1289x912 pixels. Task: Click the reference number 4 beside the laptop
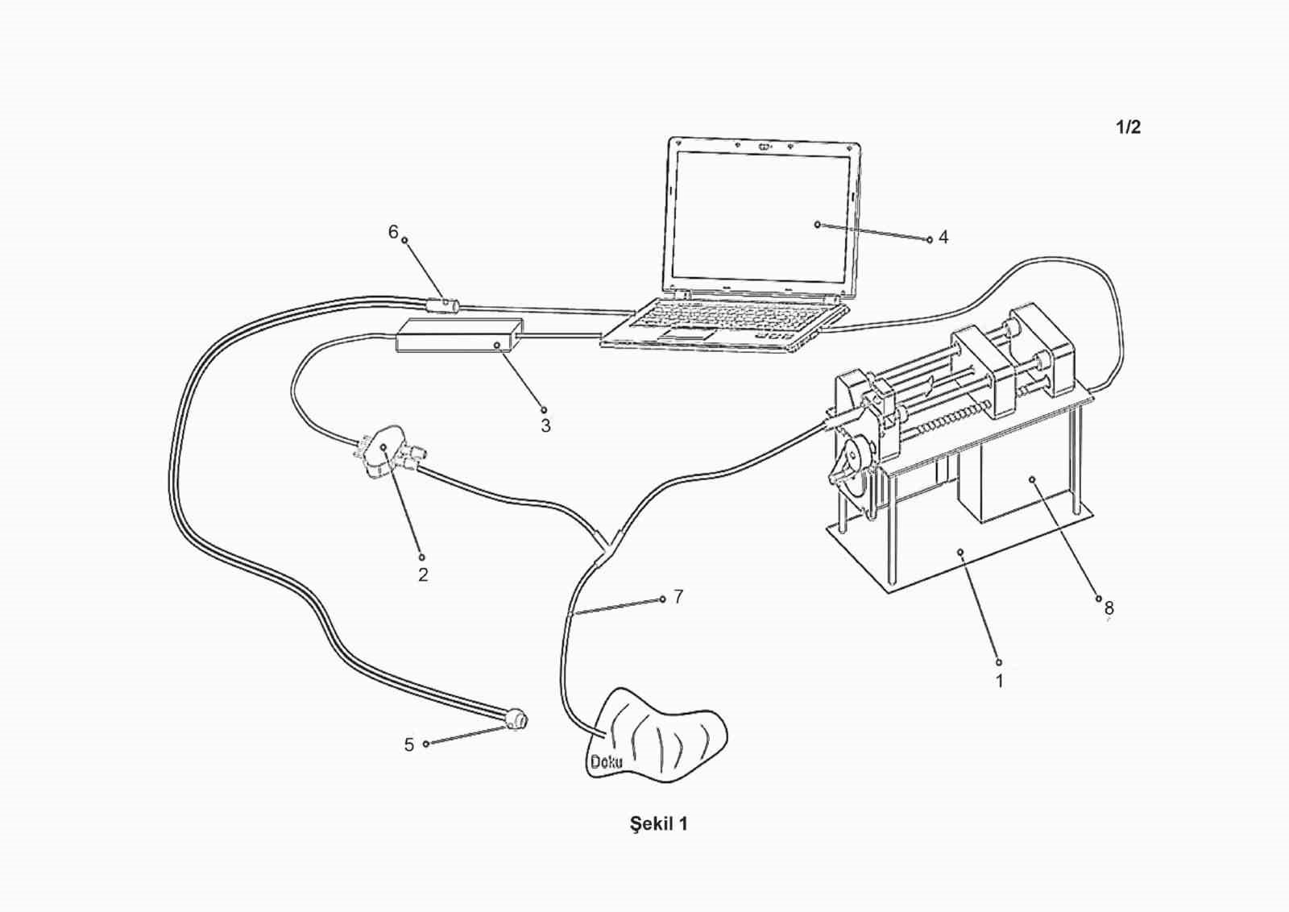tap(943, 238)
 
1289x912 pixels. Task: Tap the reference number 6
tap(393, 232)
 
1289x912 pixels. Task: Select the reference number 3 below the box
tap(545, 425)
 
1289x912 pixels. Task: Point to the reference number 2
tap(422, 574)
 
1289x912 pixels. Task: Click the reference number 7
tap(678, 597)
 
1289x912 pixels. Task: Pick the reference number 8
tap(1109, 608)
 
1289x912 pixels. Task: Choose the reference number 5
tap(409, 745)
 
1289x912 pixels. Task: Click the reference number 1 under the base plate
tap(999, 682)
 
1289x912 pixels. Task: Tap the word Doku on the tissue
tap(606, 761)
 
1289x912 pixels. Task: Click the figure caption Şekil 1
tap(658, 824)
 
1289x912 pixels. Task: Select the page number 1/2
tap(1128, 127)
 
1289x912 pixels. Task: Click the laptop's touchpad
tap(690, 333)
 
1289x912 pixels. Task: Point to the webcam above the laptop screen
tap(762, 147)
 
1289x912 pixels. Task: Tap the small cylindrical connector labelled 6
tap(442, 306)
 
